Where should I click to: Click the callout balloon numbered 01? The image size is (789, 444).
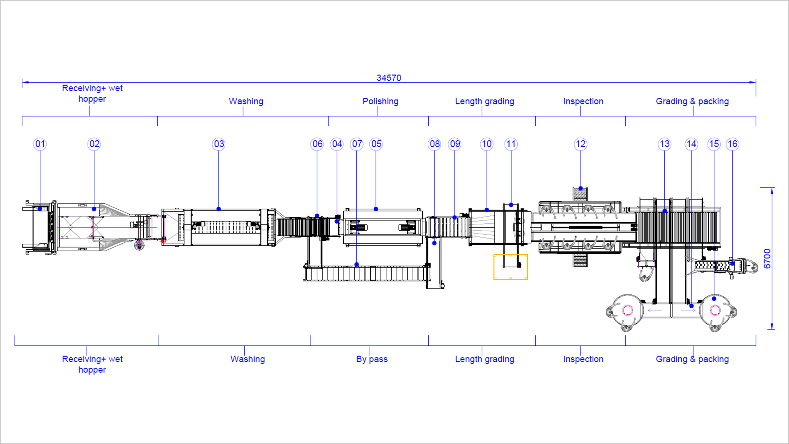point(40,144)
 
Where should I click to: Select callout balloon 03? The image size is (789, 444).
point(219,144)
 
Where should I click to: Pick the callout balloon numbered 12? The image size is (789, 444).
point(580,144)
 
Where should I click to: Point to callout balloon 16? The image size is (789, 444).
point(732,144)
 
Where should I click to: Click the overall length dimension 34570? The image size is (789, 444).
point(389,78)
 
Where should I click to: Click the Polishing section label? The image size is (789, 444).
point(380,101)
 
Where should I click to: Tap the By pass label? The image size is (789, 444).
point(372,359)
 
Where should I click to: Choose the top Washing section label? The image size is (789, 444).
point(246,101)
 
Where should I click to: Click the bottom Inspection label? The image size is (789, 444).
point(583,359)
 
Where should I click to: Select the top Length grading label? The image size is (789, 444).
point(484,101)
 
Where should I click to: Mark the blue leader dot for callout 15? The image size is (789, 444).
point(714,298)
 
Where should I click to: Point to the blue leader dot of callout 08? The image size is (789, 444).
point(434,243)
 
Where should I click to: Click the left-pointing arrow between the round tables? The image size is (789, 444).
point(655,310)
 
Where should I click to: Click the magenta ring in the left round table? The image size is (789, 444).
point(628,310)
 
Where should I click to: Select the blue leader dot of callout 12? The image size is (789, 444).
point(580,188)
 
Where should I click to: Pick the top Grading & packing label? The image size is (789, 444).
point(692,101)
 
